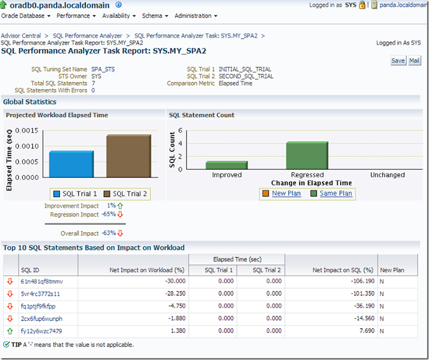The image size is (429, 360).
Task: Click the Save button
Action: pos(398,61)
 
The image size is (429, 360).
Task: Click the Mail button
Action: pos(415,61)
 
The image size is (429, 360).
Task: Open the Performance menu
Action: pos(76,16)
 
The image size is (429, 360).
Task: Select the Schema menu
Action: pos(154,16)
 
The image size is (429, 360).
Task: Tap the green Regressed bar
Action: pos(307,156)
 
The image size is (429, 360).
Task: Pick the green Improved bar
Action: pos(226,165)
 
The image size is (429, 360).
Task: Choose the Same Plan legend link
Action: pos(336,193)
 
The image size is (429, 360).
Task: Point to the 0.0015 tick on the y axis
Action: pos(26,130)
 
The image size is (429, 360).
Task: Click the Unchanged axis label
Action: pos(387,175)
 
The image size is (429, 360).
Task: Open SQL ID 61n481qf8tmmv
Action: pos(41,281)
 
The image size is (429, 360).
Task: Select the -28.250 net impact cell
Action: pos(172,293)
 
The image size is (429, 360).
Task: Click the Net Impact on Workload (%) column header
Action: pos(147,270)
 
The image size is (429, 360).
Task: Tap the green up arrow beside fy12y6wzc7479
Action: pos(10,331)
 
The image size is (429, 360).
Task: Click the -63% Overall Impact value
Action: pos(109,233)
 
